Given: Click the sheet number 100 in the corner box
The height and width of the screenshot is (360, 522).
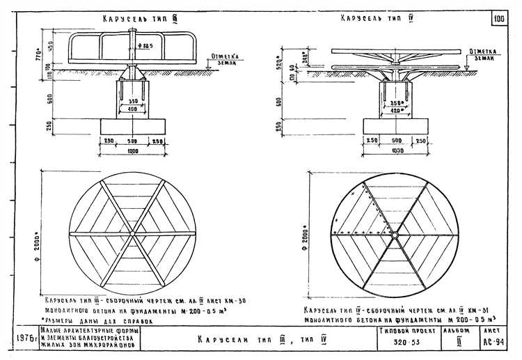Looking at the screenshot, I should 500,19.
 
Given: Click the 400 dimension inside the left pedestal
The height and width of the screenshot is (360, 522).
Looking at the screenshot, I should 132,109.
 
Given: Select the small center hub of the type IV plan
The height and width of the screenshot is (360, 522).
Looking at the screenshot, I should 395,235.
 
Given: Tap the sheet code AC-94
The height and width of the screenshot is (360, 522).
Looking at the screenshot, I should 494,343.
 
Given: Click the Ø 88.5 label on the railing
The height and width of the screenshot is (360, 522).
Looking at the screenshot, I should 145,46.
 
